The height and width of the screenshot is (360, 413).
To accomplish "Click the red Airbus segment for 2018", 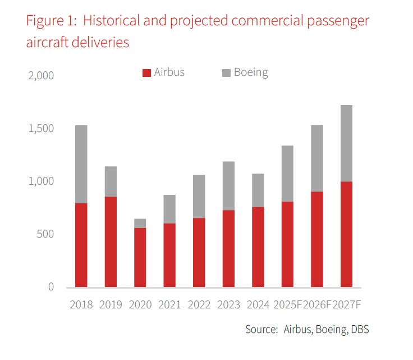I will (x=81, y=245).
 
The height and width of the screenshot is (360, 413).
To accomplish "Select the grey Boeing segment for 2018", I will (x=81, y=164).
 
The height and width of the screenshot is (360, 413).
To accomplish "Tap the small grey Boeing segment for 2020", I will (x=140, y=223).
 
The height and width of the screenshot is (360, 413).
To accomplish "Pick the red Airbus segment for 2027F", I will (x=346, y=234).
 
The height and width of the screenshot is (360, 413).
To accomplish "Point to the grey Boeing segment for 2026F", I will (x=317, y=158).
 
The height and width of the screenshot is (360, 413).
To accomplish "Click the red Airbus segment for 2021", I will (x=169, y=255).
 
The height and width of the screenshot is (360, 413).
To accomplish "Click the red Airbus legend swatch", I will (x=147, y=72).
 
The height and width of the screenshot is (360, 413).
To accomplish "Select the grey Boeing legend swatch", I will (x=226, y=72).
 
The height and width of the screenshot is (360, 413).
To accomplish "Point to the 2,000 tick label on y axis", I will (x=41, y=76).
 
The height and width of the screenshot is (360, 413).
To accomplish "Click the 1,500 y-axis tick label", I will (x=41, y=129).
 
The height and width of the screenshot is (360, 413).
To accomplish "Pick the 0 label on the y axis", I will (x=51, y=287).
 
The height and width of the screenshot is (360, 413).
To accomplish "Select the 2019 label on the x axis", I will (x=111, y=304).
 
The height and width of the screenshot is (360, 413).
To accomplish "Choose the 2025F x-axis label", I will (x=288, y=304).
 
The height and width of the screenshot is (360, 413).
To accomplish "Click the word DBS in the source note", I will (x=359, y=330).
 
